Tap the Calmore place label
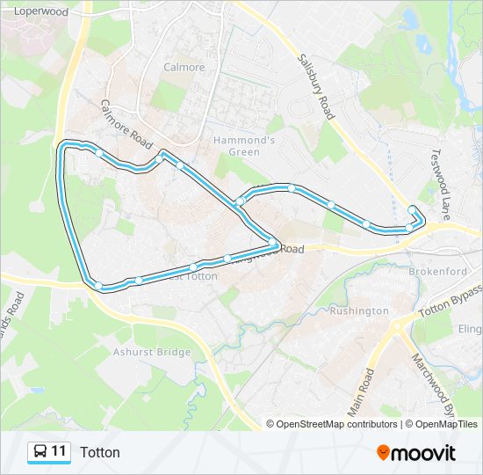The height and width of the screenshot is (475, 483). [184, 67]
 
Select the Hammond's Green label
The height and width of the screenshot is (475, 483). [245, 146]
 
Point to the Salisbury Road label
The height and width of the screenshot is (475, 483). [316, 86]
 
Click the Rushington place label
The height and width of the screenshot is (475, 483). [359, 311]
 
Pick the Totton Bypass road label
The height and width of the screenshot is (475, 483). [450, 301]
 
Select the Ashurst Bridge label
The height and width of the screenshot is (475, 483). [152, 352]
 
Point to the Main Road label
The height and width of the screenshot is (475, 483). [360, 392]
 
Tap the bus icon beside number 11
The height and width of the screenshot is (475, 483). [40, 452]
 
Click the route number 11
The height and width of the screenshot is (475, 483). [59, 452]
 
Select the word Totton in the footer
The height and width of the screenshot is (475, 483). [100, 452]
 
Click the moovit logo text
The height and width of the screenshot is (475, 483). [424, 453]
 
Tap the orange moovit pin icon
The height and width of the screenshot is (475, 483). [383, 453]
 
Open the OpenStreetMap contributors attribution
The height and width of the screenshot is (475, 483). [336, 424]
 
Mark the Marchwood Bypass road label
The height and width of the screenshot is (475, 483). [436, 385]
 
